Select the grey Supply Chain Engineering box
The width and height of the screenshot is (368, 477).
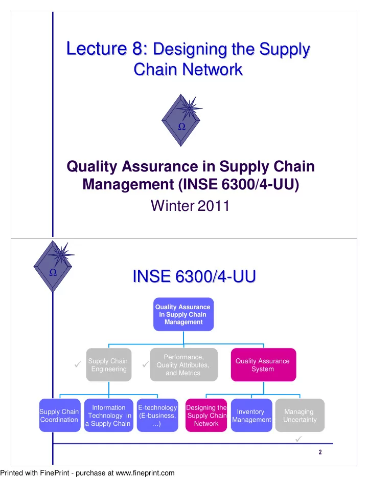click(109, 365)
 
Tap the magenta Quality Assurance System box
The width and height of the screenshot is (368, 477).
click(263, 365)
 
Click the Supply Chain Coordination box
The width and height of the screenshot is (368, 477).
click(59, 416)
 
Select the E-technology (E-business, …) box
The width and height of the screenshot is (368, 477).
click(157, 416)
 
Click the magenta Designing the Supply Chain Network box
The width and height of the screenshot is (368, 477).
click(206, 416)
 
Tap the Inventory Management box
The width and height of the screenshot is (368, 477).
click(250, 416)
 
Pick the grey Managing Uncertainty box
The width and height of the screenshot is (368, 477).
click(300, 416)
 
